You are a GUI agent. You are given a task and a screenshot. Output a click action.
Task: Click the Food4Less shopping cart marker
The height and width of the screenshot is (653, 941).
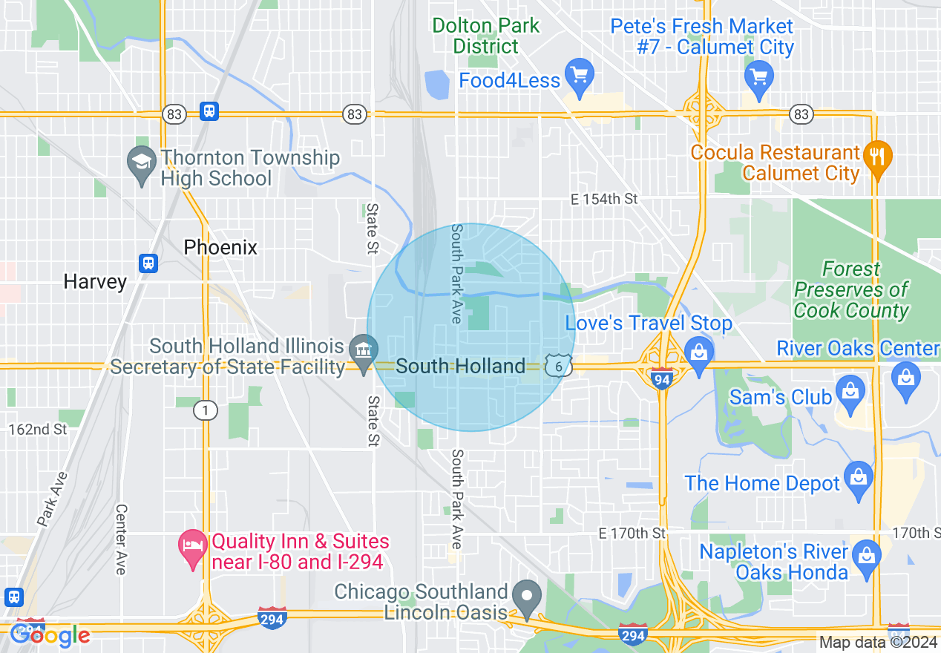pyautogui.click(x=579, y=75)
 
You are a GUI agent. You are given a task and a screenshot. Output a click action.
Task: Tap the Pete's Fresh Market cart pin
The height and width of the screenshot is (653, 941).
pyautogui.click(x=759, y=76)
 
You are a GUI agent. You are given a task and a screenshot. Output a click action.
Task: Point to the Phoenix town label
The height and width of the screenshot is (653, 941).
pyautogui.click(x=220, y=247)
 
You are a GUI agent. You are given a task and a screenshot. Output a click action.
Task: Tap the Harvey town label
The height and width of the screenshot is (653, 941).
pyautogui.click(x=95, y=282)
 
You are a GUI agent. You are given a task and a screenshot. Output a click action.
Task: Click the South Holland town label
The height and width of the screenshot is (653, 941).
pyautogui.click(x=460, y=366)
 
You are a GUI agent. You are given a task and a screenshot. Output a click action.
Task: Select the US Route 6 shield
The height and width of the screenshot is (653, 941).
pyautogui.click(x=557, y=366)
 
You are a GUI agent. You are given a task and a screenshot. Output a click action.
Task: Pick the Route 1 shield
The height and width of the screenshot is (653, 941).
pyautogui.click(x=205, y=410)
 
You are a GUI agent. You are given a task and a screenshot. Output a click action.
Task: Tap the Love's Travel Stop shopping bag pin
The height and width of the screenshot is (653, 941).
pyautogui.click(x=698, y=350)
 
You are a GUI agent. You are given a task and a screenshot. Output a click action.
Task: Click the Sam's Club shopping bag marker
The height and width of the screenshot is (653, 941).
pyautogui.click(x=849, y=391)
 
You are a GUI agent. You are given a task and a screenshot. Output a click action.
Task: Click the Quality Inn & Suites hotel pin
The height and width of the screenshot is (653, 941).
pyautogui.click(x=193, y=546)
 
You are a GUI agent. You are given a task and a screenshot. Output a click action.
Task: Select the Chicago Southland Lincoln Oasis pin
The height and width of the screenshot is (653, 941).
pyautogui.click(x=528, y=596)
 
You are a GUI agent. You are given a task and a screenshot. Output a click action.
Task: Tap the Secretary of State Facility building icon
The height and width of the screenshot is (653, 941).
pyautogui.click(x=364, y=350)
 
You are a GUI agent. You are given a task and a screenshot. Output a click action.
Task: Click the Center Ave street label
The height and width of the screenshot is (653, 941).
pyautogui.click(x=121, y=539)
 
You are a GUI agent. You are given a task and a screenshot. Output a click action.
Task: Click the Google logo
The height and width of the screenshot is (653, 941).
pyautogui.click(x=50, y=635)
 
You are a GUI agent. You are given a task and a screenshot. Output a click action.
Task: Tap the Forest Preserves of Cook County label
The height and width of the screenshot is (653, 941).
pyautogui.click(x=851, y=290)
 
